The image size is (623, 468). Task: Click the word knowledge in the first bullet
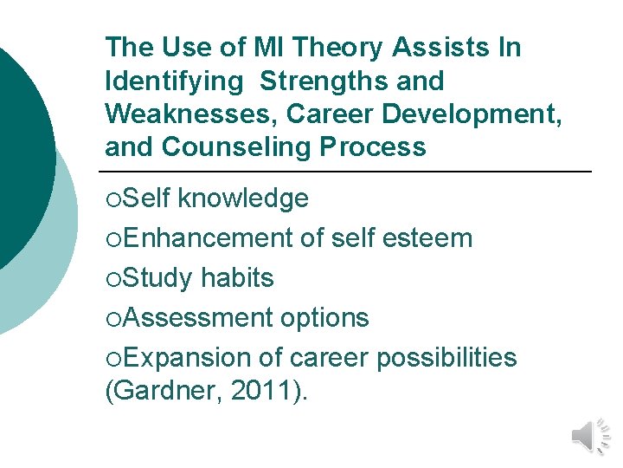point(243,198)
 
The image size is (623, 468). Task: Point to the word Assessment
point(196,318)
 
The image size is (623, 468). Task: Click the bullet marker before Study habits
point(112,279)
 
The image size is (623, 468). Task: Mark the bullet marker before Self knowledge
point(112,199)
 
